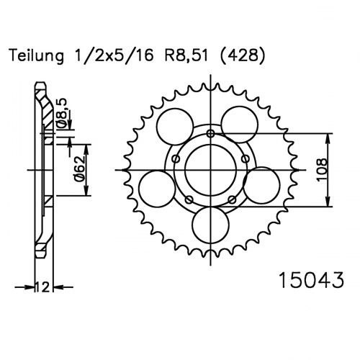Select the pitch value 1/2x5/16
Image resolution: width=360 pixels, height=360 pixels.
(114, 56)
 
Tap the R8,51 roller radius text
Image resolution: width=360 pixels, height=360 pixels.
(186, 56)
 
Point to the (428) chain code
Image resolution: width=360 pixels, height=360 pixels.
(243, 56)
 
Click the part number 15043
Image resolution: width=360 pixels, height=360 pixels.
(311, 280)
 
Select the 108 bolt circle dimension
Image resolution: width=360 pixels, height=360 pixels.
(322, 170)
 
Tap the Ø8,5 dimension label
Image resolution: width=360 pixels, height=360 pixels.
(63, 113)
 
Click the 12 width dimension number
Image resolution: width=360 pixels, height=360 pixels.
(43, 287)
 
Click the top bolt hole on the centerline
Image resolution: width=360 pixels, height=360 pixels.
(211, 133)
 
